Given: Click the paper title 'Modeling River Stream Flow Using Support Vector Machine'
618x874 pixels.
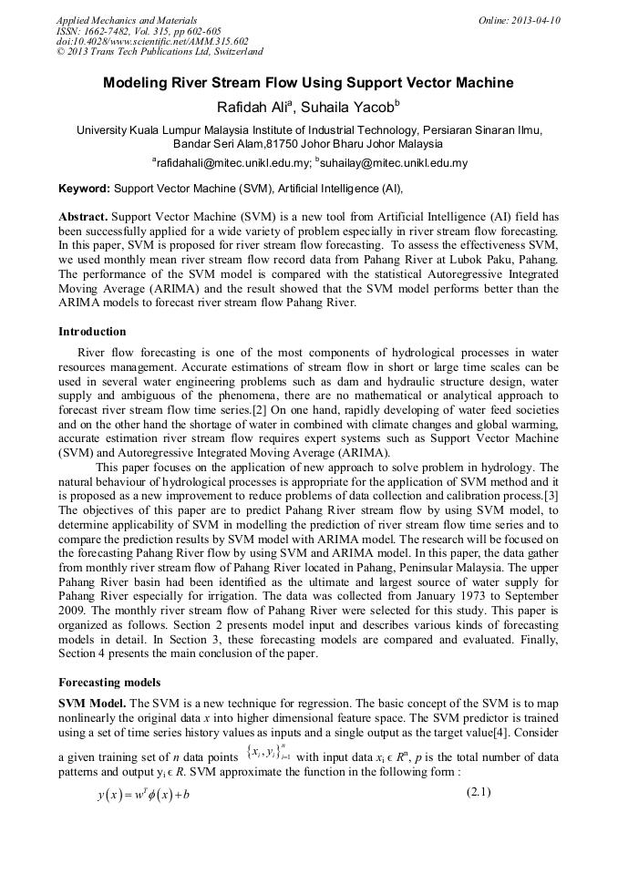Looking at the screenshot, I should [308, 84].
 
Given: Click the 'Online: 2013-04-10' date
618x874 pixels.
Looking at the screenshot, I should [519, 19].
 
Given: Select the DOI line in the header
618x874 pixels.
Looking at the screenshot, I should [151, 41].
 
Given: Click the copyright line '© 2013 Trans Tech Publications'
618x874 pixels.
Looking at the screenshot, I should [160, 52].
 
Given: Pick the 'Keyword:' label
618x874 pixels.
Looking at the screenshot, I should [85, 189].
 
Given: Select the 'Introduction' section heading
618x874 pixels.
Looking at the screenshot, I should [92, 331].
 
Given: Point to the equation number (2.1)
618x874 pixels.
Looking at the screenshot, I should [479, 792].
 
